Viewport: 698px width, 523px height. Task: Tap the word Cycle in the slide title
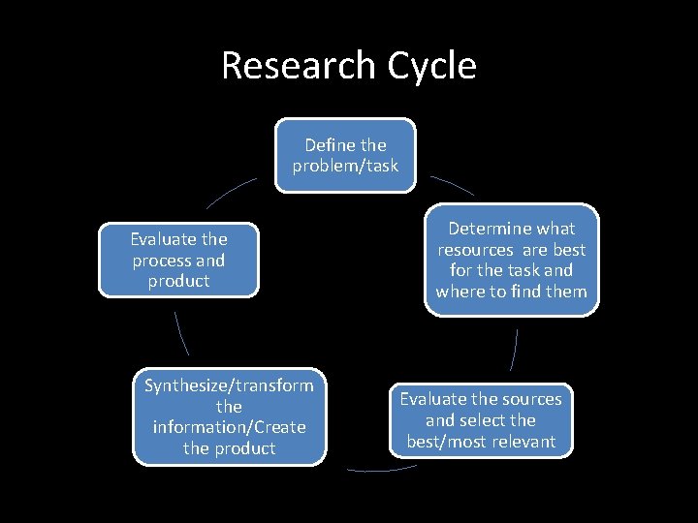[x=431, y=66]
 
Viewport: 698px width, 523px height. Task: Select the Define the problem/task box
[x=345, y=155]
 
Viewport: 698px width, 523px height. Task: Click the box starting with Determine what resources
[x=511, y=260]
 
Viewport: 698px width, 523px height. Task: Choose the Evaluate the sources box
[x=481, y=420]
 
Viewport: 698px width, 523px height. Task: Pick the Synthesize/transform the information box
[x=229, y=417]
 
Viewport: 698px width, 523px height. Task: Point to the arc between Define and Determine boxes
[x=452, y=185]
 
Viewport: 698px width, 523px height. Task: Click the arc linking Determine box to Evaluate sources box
[x=514, y=350]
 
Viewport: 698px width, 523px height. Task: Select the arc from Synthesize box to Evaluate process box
[x=180, y=333]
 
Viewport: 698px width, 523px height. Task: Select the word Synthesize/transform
[x=229, y=385]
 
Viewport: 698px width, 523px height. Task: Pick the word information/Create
[x=229, y=427]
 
